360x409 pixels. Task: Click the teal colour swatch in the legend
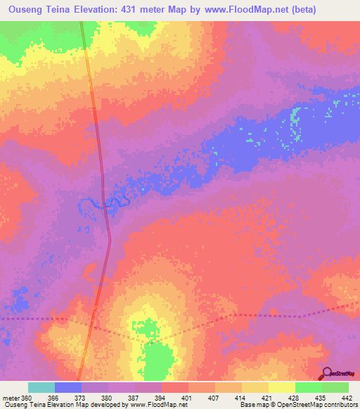click(x=41, y=387)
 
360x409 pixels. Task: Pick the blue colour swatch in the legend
click(x=68, y=387)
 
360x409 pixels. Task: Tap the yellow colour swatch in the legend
click(x=281, y=387)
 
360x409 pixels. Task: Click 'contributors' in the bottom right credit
click(x=338, y=405)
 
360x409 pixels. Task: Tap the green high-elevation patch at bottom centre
click(x=157, y=358)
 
